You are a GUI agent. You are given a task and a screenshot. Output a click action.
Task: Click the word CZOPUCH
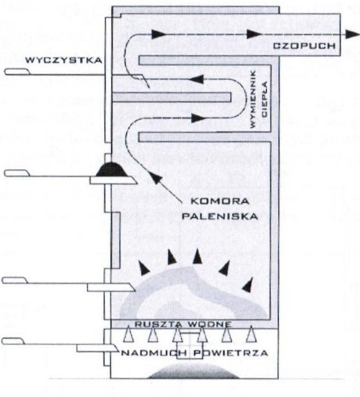point(304,46)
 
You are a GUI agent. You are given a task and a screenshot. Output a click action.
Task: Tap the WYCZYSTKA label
point(64,60)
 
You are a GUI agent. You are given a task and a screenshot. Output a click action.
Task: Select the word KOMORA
point(220,201)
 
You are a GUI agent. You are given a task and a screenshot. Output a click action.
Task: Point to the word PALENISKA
point(220,216)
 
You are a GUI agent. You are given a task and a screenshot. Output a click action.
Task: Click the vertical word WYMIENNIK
point(253,99)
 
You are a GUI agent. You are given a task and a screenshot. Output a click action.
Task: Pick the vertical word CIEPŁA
point(265,99)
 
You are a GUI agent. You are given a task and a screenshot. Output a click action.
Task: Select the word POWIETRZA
point(231,353)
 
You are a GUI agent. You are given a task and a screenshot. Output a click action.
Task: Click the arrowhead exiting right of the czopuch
point(353,34)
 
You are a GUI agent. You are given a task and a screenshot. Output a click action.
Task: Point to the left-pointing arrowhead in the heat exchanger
point(197,79)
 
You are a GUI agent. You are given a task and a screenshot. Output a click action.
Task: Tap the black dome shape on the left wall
point(112,169)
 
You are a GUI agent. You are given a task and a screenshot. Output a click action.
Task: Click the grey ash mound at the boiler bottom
point(193,371)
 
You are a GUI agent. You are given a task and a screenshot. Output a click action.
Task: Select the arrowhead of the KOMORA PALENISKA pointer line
point(155,178)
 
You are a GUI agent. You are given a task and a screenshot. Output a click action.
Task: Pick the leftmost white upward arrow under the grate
point(129,334)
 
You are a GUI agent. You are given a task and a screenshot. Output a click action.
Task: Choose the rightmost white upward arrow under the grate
point(250,334)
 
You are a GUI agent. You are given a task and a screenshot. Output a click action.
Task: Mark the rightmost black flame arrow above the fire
point(248,284)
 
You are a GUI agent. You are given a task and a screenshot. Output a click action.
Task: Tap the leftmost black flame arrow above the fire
point(144,268)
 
